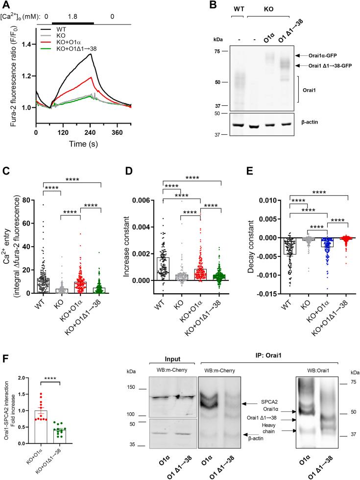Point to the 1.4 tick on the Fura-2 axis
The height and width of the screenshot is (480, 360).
pos(28,45)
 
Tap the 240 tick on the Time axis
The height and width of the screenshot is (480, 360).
pos(120,132)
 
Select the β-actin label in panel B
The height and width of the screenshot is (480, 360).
pos(314,125)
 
